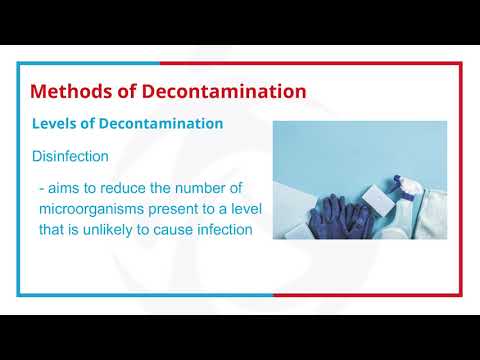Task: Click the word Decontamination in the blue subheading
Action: [x=164, y=124]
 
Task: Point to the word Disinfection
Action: [x=70, y=157]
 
